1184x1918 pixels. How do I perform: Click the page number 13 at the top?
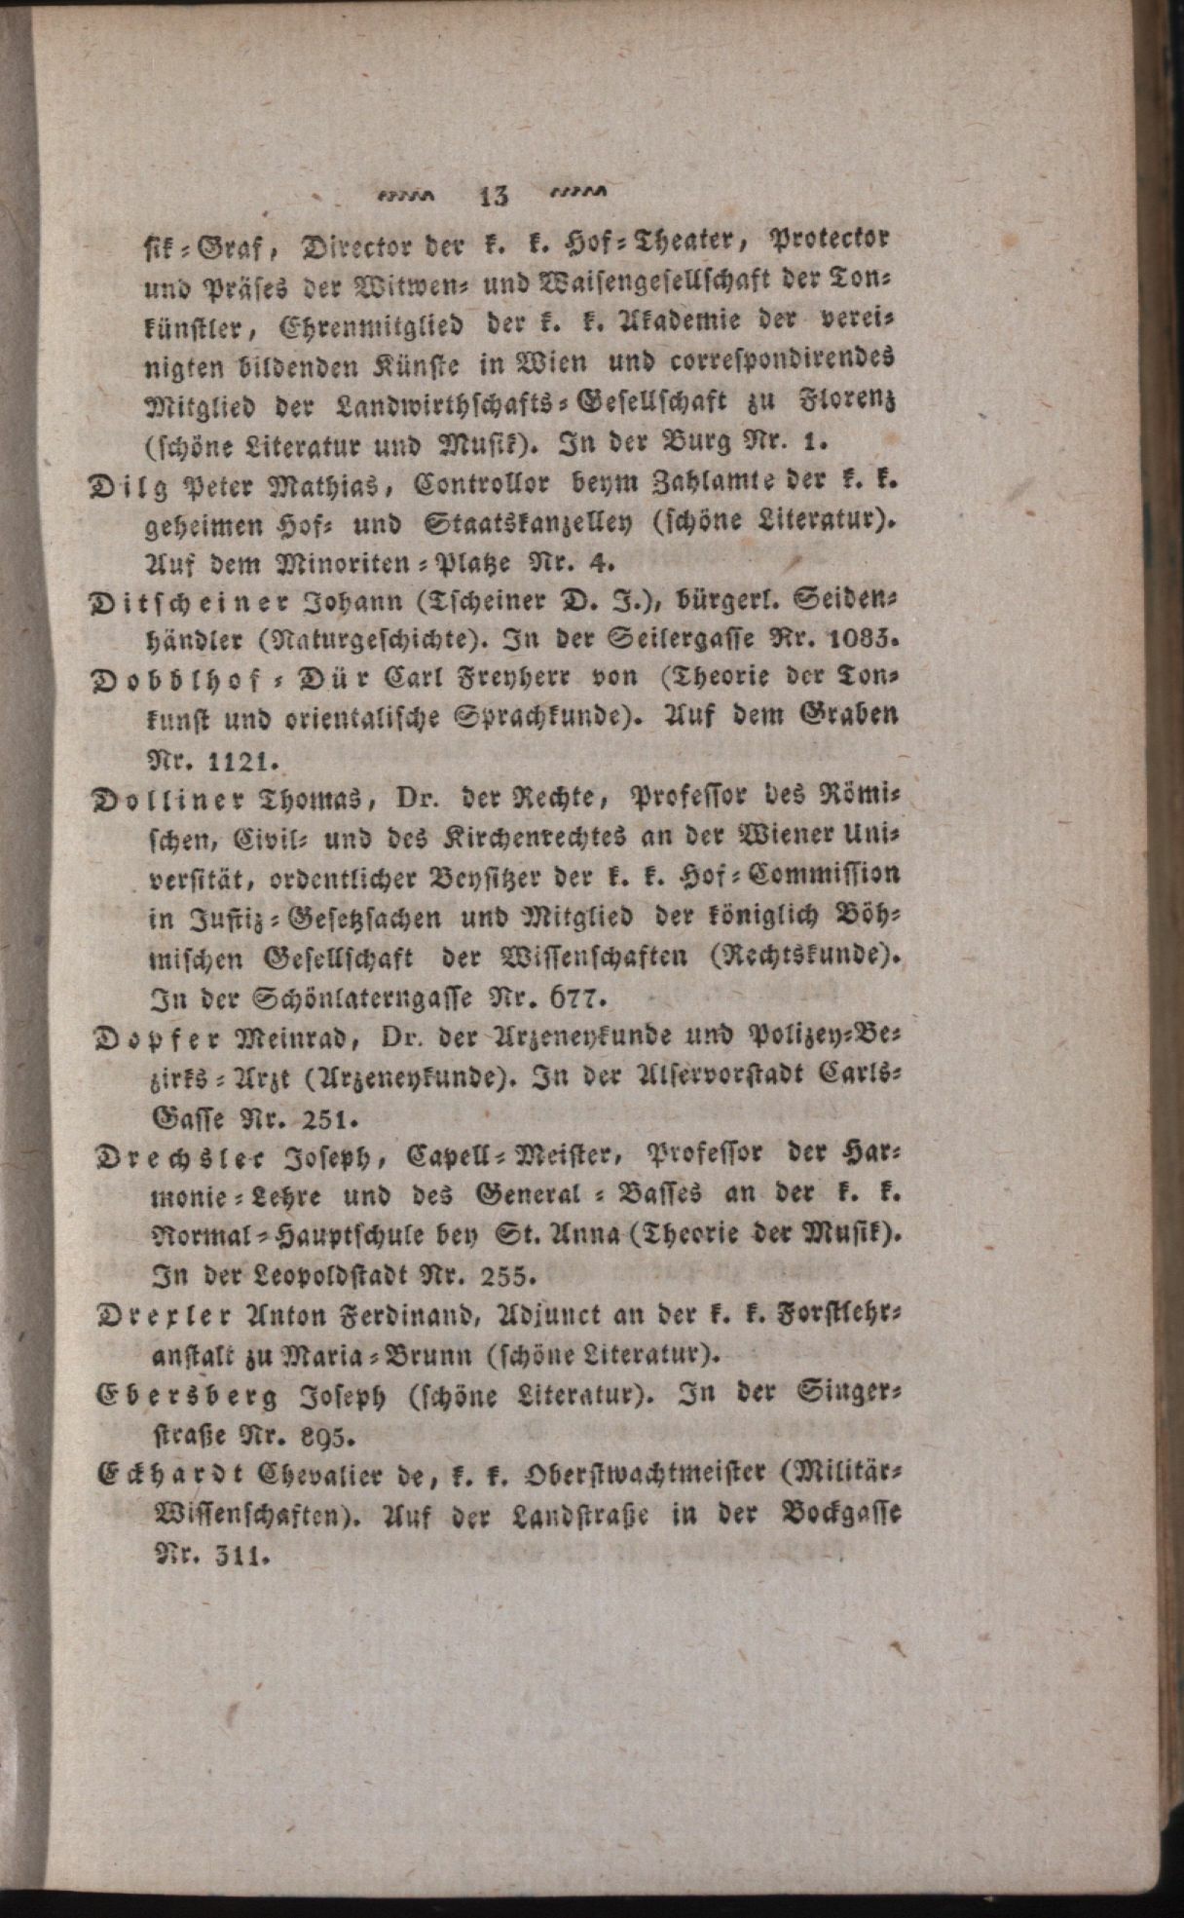(494, 196)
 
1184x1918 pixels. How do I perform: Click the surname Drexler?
(165, 1315)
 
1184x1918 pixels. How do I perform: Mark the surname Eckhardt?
(180, 1478)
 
